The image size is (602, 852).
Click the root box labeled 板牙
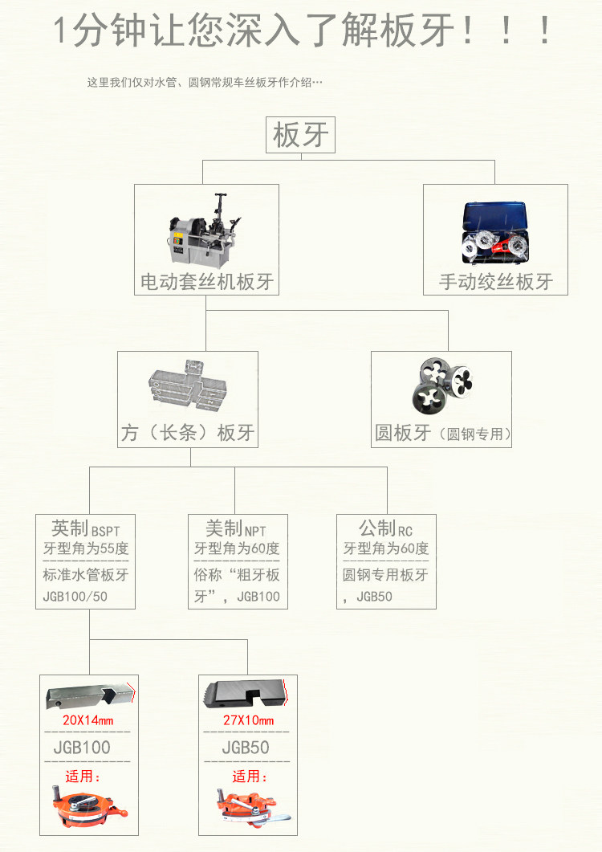click(x=300, y=134)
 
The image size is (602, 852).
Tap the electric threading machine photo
click(x=205, y=230)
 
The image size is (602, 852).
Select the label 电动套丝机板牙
click(x=207, y=282)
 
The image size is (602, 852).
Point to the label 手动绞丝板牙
click(x=496, y=282)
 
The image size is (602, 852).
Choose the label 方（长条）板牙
click(x=188, y=433)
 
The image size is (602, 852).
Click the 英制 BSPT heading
click(x=85, y=528)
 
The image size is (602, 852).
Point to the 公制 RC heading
click(x=385, y=528)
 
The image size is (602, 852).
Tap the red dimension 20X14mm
click(x=88, y=720)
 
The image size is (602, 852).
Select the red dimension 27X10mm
click(x=248, y=720)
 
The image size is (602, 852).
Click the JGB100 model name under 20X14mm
click(x=82, y=748)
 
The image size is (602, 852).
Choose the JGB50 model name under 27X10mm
click(x=246, y=748)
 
